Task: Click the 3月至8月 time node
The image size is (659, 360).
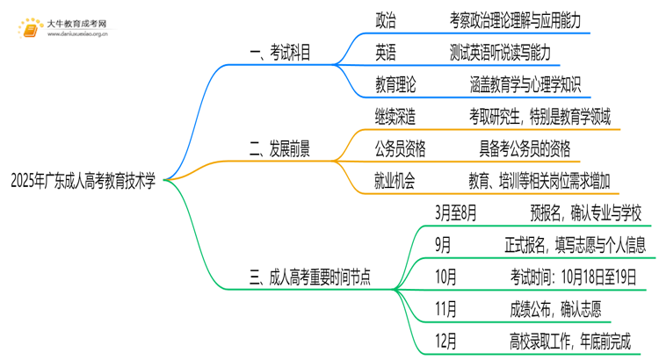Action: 455,212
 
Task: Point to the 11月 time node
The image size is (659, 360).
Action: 446,308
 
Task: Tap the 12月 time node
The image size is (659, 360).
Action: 446,341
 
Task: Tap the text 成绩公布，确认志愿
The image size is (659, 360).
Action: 549,308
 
